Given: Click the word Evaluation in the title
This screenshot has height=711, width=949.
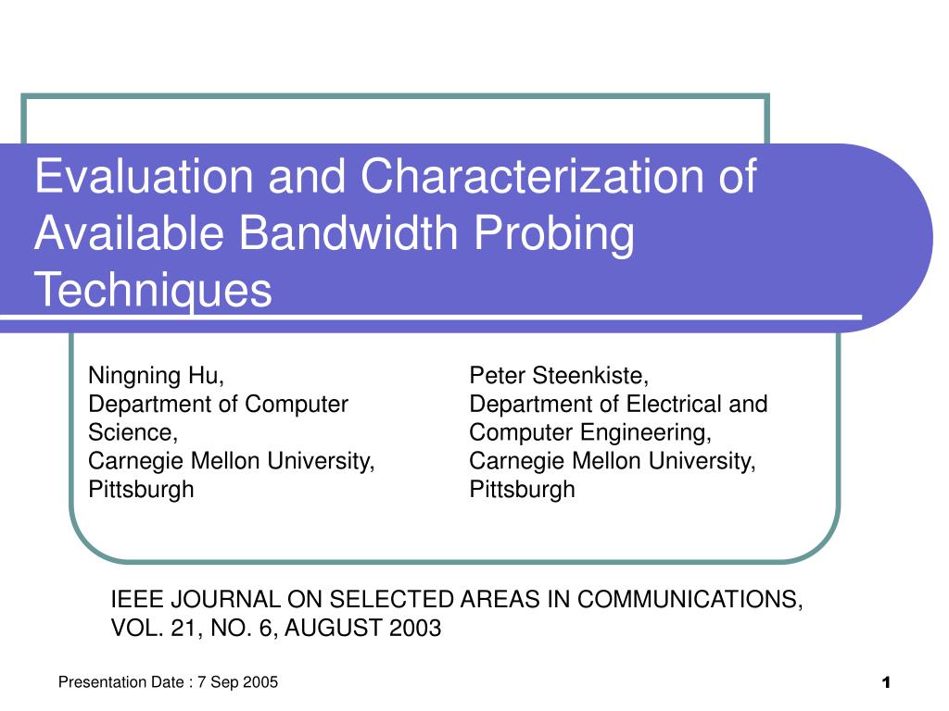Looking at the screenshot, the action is (x=144, y=176).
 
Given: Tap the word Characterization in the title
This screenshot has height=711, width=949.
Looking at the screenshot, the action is (x=533, y=176).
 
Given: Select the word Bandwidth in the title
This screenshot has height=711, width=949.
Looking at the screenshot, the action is (x=348, y=232).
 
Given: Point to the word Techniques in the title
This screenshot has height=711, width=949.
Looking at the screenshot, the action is (x=153, y=290).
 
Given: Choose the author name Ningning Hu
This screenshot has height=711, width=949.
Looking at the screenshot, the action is (x=156, y=376).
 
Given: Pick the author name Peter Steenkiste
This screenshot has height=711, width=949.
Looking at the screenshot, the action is (x=559, y=376).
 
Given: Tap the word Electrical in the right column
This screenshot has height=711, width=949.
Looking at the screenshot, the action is (x=674, y=404).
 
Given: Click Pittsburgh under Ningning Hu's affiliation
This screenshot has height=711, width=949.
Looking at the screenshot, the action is (x=141, y=490).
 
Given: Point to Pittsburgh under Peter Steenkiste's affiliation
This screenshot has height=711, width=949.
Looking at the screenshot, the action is (x=523, y=490).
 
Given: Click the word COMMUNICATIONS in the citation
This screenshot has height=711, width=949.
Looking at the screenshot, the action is (x=690, y=600).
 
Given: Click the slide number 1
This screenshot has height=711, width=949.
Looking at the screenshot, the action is (x=886, y=683).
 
